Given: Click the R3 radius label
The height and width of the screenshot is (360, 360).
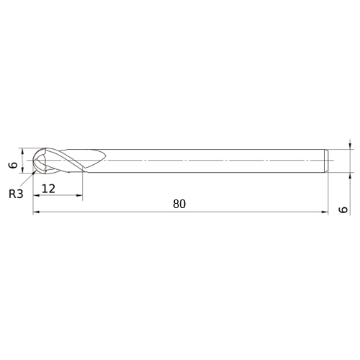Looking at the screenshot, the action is coord(16,194).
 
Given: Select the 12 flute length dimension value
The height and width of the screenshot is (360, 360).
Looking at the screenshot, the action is coord(48,189).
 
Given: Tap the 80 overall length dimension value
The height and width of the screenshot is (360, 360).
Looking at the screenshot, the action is coord(179,204).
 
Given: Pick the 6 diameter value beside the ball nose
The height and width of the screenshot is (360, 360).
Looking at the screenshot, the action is coord(14,165).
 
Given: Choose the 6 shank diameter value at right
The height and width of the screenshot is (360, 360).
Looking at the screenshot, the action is coord(343,210).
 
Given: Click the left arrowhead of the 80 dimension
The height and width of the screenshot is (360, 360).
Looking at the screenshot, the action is coord(36,212).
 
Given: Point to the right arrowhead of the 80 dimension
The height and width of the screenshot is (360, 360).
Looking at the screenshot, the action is coord(325,212).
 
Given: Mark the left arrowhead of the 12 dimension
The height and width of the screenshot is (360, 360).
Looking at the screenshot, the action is coord(36,195).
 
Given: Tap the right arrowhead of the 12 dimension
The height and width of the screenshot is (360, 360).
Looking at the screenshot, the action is coord(79,195).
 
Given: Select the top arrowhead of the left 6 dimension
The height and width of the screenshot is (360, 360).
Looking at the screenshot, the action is coord(22,151).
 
